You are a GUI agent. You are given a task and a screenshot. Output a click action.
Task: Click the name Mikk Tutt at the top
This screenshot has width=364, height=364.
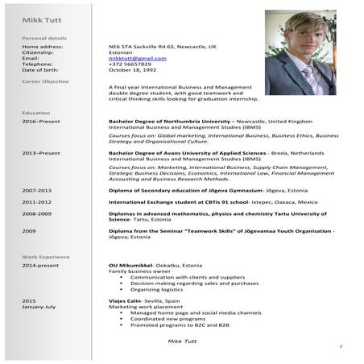point(34,19)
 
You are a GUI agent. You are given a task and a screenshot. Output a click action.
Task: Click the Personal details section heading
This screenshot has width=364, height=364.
point(39,39)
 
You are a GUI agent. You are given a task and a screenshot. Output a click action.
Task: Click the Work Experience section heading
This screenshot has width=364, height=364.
point(39,256)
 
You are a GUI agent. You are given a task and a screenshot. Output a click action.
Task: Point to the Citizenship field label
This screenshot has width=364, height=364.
point(36,53)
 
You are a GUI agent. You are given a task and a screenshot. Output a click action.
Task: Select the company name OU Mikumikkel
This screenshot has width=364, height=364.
point(129,265)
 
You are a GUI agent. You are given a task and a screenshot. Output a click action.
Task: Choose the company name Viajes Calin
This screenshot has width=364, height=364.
point(124,300)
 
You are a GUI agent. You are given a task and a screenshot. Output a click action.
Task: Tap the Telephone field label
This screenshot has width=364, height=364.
point(36,64)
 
